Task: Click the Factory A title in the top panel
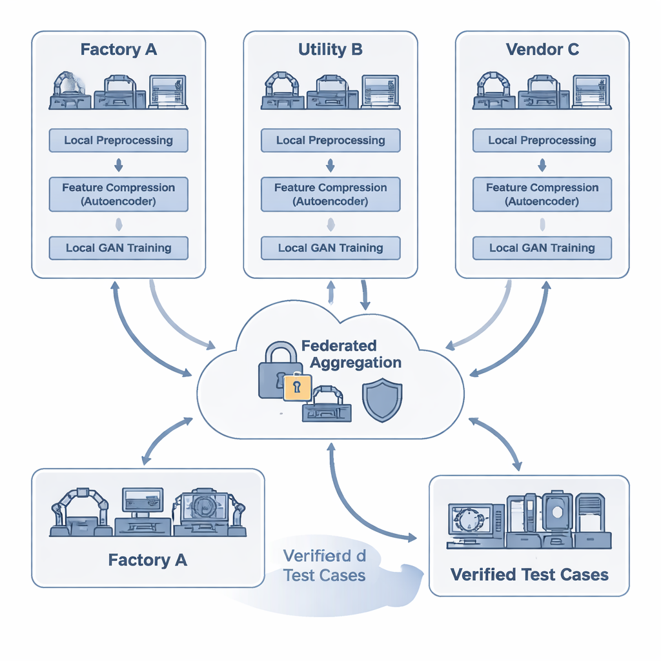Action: click(118, 50)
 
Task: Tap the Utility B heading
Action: click(330, 50)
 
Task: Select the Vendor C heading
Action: click(542, 50)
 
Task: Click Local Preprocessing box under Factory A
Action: click(118, 140)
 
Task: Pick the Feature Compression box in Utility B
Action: click(330, 194)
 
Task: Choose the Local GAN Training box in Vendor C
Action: click(542, 248)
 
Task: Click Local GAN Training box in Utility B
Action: click(330, 248)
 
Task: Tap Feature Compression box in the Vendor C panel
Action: click(542, 194)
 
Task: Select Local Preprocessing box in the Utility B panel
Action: click(330, 140)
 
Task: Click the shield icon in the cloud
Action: click(382, 400)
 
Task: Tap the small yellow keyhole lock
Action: click(297, 387)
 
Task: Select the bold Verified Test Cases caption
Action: click(529, 574)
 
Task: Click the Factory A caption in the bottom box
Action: click(148, 560)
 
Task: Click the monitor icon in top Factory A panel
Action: click(168, 91)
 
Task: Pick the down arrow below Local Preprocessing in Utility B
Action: click(330, 167)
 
